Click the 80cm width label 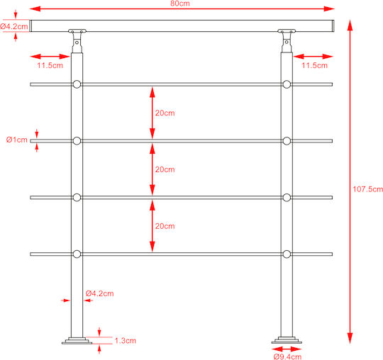[x=180, y=3]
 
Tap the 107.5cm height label [x=367, y=189]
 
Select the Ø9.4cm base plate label [x=287, y=356]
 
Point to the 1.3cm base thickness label [x=126, y=340]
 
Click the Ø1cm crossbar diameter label [x=17, y=140]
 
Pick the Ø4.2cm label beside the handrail [x=14, y=26]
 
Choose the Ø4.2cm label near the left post [x=100, y=293]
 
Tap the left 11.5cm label [x=50, y=65]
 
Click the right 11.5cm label [x=314, y=65]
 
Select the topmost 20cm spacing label [x=165, y=113]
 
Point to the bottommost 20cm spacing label [x=165, y=226]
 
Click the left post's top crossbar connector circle [x=77, y=84]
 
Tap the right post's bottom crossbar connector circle [x=287, y=254]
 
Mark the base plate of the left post [x=77, y=341]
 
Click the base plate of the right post [x=287, y=340]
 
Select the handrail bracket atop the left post [x=77, y=40]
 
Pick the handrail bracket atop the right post [x=287, y=40]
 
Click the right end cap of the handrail [x=333, y=26]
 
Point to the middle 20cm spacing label [x=165, y=169]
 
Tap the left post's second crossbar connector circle [x=77, y=141]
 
